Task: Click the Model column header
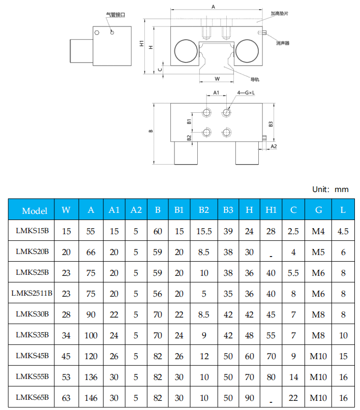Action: (x=35, y=210)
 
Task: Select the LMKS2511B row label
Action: (x=33, y=293)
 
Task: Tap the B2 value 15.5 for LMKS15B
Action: (x=204, y=231)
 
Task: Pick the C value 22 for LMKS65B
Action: (x=293, y=398)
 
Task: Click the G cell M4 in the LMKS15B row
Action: (x=318, y=231)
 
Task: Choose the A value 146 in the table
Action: (x=91, y=398)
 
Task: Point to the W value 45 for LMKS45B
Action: (x=66, y=356)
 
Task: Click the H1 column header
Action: (x=271, y=210)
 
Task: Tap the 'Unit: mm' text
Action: (x=330, y=189)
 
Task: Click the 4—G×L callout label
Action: (x=246, y=93)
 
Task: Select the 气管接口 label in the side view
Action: (x=115, y=15)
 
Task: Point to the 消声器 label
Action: (x=283, y=44)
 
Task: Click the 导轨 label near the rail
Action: (x=255, y=79)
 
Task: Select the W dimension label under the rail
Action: (x=217, y=79)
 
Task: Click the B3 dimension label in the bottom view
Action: (x=271, y=123)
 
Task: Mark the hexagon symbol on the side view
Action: (x=97, y=32)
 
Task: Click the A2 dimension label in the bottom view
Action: (x=274, y=146)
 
